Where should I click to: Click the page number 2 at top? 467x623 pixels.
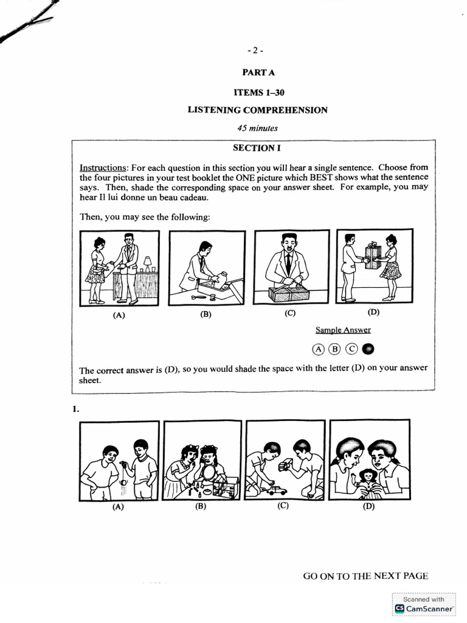(255, 50)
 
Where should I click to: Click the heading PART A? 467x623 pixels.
(258, 72)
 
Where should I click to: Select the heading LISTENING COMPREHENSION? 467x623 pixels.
(258, 110)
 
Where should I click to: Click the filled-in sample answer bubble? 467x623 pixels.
(369, 349)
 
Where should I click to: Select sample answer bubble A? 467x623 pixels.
(318, 349)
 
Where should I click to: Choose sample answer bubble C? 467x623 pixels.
(351, 349)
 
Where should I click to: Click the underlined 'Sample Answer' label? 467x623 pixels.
(342, 330)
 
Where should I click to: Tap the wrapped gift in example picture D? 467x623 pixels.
(372, 252)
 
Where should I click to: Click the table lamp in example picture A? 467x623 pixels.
(147, 263)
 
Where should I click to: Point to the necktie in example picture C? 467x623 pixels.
(288, 263)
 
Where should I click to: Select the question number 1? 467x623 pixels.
(76, 409)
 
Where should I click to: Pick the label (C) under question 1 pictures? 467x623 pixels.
(282, 505)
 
